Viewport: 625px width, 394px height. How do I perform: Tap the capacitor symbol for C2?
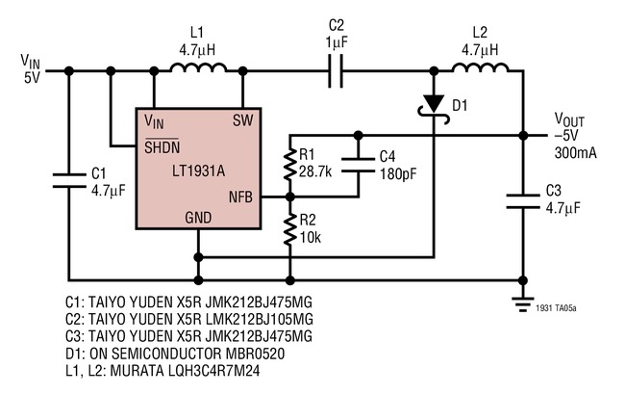click(x=336, y=70)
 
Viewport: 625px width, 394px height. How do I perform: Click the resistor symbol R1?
click(x=289, y=166)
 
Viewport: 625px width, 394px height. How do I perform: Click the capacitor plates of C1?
click(x=69, y=175)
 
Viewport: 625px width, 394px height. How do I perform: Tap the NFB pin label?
click(x=240, y=197)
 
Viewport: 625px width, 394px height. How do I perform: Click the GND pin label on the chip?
click(x=198, y=221)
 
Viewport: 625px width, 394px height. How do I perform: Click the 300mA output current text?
click(x=573, y=153)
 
